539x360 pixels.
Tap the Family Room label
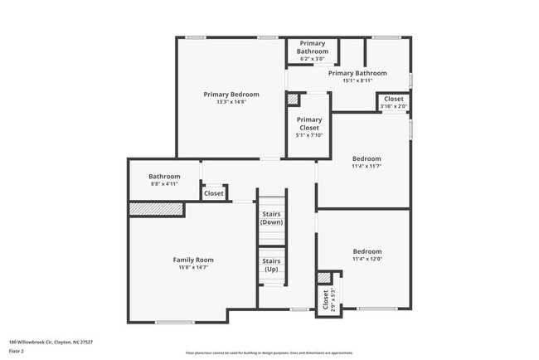[x=193, y=260]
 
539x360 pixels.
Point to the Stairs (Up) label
[x=271, y=265]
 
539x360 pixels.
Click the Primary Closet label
[x=309, y=124]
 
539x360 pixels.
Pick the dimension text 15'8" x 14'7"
[x=193, y=267]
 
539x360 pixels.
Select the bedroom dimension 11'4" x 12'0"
[x=367, y=259]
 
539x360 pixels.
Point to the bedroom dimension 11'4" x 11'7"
[x=367, y=166]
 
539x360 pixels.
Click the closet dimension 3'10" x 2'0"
[x=393, y=106]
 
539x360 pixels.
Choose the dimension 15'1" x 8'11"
[x=357, y=80]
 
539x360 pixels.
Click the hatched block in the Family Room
[x=156, y=210]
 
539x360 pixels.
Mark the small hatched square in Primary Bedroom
[x=293, y=100]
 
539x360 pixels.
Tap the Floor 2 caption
[x=17, y=351]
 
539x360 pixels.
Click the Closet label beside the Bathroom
[x=214, y=193]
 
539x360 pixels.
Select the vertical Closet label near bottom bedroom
[x=324, y=299]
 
